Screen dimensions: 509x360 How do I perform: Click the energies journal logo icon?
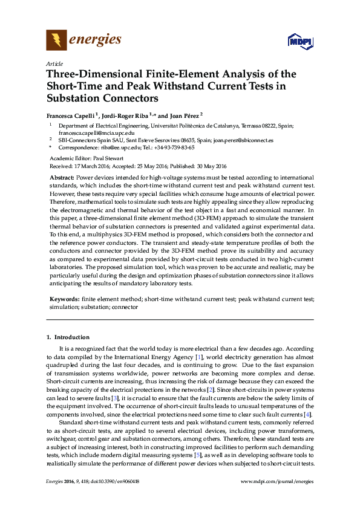pos(56,41)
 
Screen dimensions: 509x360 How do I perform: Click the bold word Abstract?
pos(62,178)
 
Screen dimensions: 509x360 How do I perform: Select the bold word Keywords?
pos(64,299)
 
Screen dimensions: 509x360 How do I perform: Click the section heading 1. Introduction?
pos(68,337)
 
